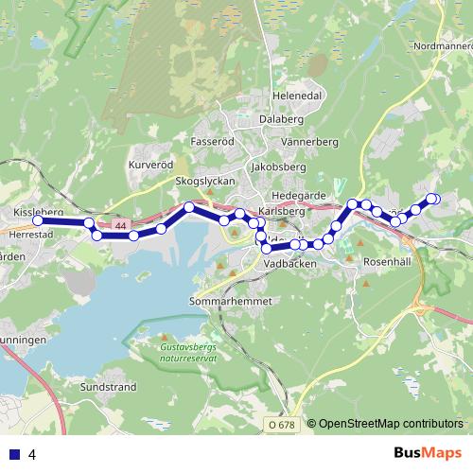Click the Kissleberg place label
(39, 212)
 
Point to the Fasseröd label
(212, 141)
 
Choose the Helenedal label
(297, 96)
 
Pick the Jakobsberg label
(275, 165)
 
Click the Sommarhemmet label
(230, 301)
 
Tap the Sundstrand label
(108, 388)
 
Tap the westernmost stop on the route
(39, 221)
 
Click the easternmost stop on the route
(435, 198)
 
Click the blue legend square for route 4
(13, 454)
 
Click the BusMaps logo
(428, 453)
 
